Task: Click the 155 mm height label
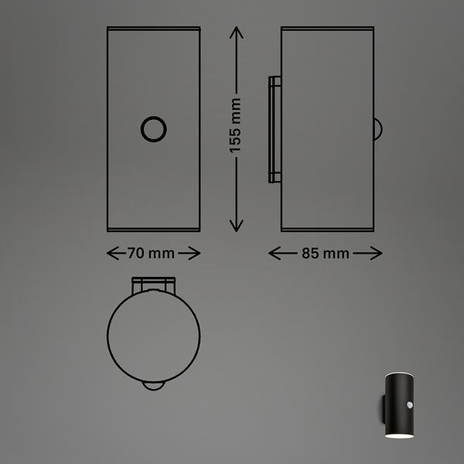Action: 235,125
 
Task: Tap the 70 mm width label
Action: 151,254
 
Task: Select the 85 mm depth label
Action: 326,254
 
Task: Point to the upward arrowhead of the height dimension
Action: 237,32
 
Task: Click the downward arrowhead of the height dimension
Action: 237,226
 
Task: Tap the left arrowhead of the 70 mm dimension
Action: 112,254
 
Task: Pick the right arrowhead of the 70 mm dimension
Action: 195,254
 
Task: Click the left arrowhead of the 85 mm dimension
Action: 275,254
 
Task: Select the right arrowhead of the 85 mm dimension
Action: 376,254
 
